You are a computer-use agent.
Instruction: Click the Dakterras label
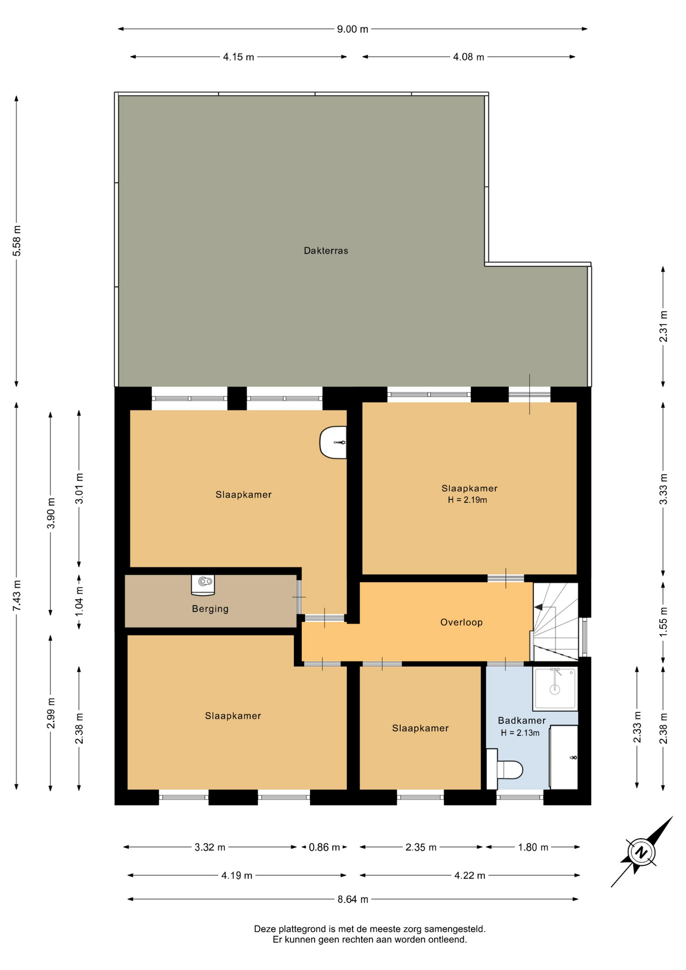[326, 251]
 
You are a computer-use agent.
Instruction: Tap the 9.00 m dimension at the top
[353, 29]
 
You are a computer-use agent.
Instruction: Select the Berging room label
[210, 609]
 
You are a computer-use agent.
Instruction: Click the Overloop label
[461, 622]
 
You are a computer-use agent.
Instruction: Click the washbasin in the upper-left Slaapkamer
[333, 443]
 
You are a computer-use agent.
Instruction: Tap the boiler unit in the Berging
[203, 584]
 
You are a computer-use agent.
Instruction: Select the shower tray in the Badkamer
[555, 689]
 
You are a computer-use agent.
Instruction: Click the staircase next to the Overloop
[556, 621]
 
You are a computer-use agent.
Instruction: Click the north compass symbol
[642, 853]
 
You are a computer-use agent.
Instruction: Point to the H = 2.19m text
[467, 500]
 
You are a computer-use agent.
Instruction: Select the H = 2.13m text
[520, 733]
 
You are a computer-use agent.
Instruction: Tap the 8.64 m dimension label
[353, 899]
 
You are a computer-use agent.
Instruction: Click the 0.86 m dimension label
[324, 847]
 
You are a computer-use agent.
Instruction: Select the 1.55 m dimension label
[663, 620]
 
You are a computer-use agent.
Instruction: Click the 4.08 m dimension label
[468, 57]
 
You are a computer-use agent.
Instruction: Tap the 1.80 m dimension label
[533, 847]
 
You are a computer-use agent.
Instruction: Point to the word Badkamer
[522, 721]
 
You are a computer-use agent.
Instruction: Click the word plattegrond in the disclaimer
[303, 929]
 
